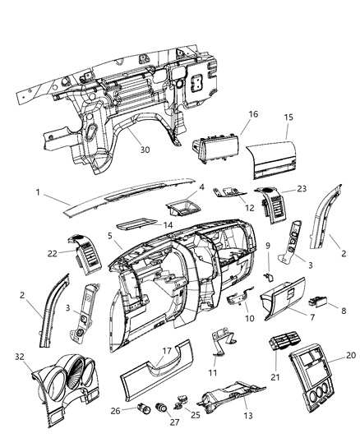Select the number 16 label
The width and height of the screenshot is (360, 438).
tap(253, 114)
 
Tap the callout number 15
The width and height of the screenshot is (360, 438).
tap(287, 118)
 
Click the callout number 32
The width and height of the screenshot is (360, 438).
tap(18, 357)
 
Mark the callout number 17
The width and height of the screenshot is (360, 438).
tap(167, 349)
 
